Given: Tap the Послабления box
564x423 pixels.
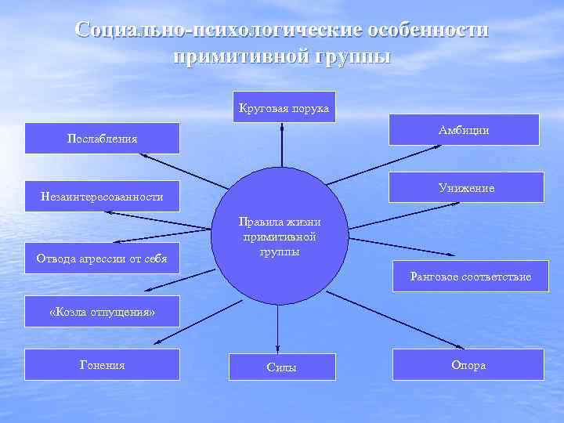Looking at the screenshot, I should (103, 139).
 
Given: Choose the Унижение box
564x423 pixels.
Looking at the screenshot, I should (466, 188).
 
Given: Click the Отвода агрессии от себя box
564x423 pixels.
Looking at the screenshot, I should (103, 258).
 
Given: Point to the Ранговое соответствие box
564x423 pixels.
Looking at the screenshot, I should (470, 277).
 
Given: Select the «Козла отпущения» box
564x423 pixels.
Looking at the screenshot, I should (103, 313).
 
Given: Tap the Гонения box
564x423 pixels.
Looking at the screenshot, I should (103, 364).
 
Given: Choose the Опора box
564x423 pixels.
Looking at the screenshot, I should (468, 365).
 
